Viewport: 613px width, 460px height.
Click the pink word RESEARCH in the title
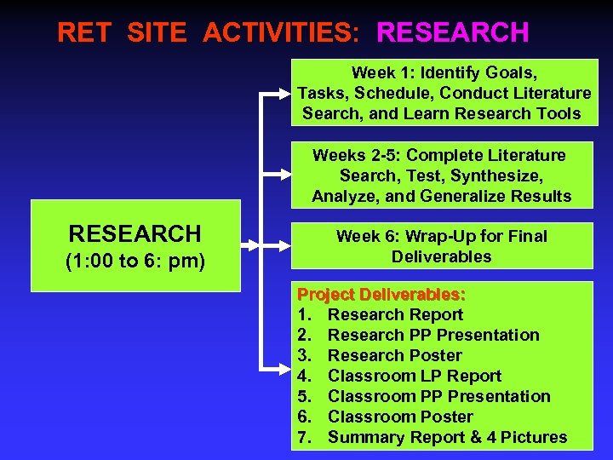[452, 32]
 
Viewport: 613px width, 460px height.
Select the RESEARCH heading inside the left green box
[135, 233]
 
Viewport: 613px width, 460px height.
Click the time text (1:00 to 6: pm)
[135, 261]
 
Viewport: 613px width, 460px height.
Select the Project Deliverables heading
[381, 294]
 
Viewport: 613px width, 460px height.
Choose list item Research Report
[395, 314]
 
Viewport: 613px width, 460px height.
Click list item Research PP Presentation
[433, 335]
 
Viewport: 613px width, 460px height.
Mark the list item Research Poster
[394, 355]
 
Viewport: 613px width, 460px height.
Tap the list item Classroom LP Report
[414, 376]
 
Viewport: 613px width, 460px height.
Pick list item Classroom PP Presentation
[438, 396]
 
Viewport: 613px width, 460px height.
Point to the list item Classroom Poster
[400, 417]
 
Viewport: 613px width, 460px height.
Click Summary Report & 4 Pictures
[447, 437]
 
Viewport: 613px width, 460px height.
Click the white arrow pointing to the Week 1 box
[276, 93]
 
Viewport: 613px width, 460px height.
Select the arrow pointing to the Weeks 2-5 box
[276, 175]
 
